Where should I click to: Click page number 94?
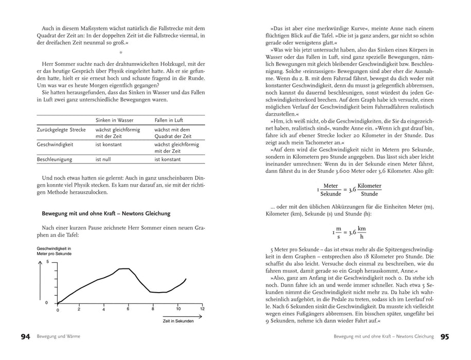click(x=25, y=337)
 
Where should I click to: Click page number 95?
click(x=445, y=337)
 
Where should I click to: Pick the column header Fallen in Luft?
click(x=170, y=120)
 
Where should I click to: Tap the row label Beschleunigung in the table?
click(x=54, y=160)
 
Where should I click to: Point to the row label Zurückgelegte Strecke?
click(x=61, y=131)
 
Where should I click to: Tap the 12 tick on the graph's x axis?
click(x=202, y=309)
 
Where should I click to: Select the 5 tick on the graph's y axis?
click(x=47, y=262)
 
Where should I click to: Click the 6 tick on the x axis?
click(x=128, y=309)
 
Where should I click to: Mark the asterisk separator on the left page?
click(x=120, y=52)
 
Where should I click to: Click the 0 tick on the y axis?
click(x=47, y=302)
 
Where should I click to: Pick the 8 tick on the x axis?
click(x=153, y=309)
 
